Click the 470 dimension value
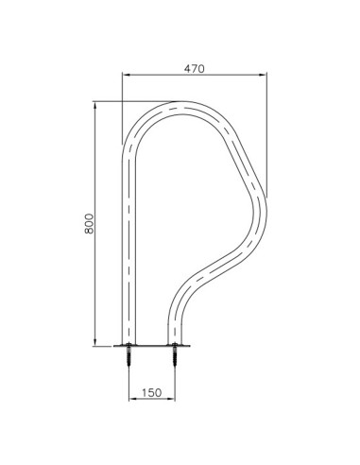click(x=193, y=69)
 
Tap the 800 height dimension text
click(x=88, y=223)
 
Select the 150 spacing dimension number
click(x=151, y=387)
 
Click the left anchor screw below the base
click(x=128, y=358)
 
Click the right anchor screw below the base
click(x=175, y=358)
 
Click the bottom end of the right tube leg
click(x=175, y=343)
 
